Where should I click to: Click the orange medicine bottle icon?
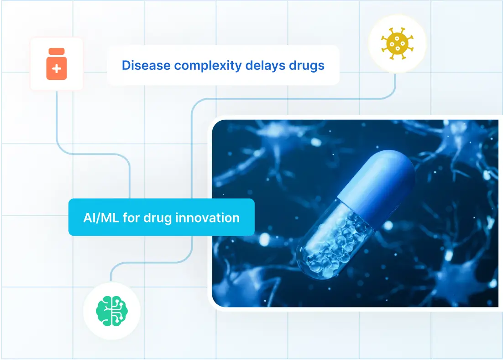point(57,64)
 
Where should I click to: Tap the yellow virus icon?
point(397,44)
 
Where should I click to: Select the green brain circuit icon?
point(112,311)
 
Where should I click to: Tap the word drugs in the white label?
point(307,65)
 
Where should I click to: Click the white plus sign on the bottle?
point(57,69)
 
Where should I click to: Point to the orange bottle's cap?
point(57,51)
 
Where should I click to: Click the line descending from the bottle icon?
point(57,119)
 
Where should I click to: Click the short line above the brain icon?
point(110,274)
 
